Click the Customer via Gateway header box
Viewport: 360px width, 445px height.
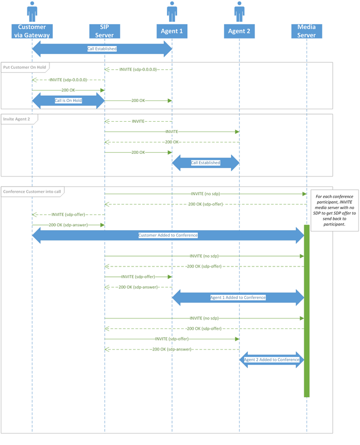(x=32, y=31)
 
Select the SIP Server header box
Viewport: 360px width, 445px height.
(x=104, y=31)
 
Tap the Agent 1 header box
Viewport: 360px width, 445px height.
(x=172, y=31)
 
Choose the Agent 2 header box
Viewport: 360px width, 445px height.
(x=239, y=31)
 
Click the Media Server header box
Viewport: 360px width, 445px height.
(x=307, y=31)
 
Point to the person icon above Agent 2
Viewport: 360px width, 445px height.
(x=239, y=12)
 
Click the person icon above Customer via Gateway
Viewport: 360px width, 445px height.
(x=32, y=12)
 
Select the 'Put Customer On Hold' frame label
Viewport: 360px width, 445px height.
(x=24, y=67)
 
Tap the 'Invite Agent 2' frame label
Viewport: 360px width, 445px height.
(x=16, y=119)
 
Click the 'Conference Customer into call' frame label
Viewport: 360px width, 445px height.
(x=32, y=191)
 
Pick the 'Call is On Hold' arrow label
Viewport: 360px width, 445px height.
(x=68, y=100)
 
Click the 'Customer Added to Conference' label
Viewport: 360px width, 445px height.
(x=168, y=235)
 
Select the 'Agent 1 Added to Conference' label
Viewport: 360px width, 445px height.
(x=238, y=298)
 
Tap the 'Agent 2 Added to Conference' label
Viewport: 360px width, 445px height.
(x=271, y=359)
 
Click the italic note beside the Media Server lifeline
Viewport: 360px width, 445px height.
(x=334, y=210)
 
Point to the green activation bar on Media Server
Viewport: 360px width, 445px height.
(x=307, y=311)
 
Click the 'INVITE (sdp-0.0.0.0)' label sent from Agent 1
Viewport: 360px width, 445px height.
(x=138, y=70)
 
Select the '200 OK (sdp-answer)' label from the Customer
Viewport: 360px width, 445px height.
(x=68, y=225)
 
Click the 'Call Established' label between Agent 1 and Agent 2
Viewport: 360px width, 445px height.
(x=206, y=163)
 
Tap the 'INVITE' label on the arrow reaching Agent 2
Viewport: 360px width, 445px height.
(x=172, y=132)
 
